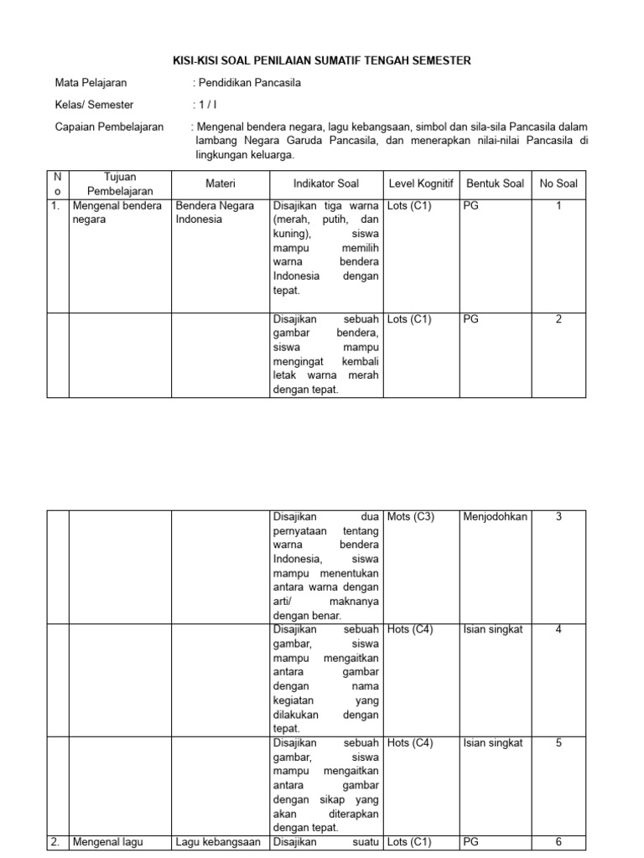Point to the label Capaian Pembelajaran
click(109, 127)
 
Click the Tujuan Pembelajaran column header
click(120, 183)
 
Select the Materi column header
click(221, 183)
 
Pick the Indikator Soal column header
click(325, 183)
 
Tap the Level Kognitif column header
click(421, 183)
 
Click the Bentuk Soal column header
click(496, 183)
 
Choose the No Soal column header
click(558, 183)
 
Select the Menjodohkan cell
click(495, 517)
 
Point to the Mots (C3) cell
click(411, 517)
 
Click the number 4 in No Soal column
click(558, 630)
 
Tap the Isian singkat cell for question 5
click(493, 743)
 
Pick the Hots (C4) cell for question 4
click(410, 630)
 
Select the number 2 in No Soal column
click(558, 319)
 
